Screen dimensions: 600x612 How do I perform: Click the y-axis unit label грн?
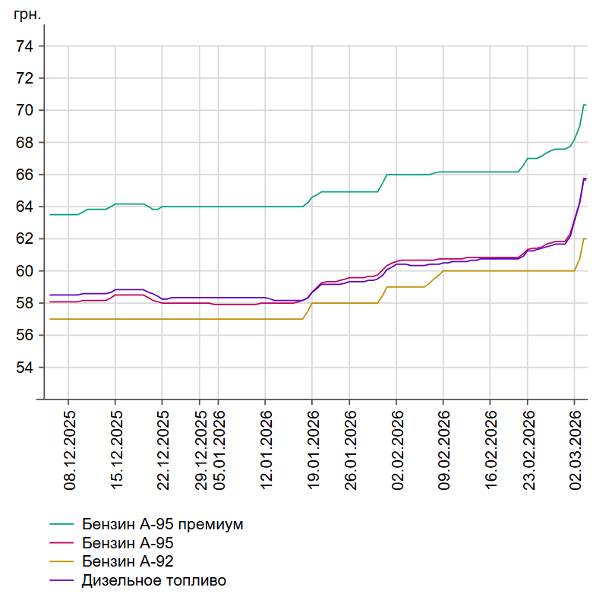[27, 14]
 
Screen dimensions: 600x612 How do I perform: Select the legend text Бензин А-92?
[127, 562]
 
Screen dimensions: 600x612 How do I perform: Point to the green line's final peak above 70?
[584, 105]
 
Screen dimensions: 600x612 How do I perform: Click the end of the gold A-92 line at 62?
[585, 238]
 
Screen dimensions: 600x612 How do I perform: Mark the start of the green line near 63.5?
[50, 215]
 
